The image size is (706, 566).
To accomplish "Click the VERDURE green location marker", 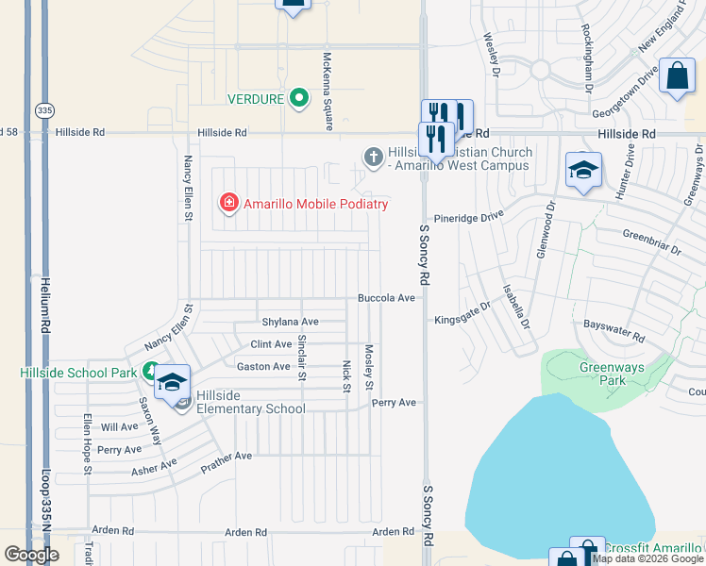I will [299, 98].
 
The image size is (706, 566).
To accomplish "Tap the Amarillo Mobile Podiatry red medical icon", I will [227, 203].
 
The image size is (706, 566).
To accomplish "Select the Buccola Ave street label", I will [386, 298].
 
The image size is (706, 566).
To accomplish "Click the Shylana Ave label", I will [290, 322].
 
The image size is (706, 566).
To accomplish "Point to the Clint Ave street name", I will [271, 344].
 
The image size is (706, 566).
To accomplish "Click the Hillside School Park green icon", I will [150, 372].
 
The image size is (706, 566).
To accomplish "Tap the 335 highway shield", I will [44, 110].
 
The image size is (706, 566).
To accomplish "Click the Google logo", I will [31, 555].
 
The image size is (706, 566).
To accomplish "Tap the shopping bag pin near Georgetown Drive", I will [679, 77].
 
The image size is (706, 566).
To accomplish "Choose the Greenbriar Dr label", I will [651, 241].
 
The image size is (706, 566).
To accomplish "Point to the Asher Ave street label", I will [154, 466].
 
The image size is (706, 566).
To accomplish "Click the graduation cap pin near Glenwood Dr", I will [583, 171].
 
